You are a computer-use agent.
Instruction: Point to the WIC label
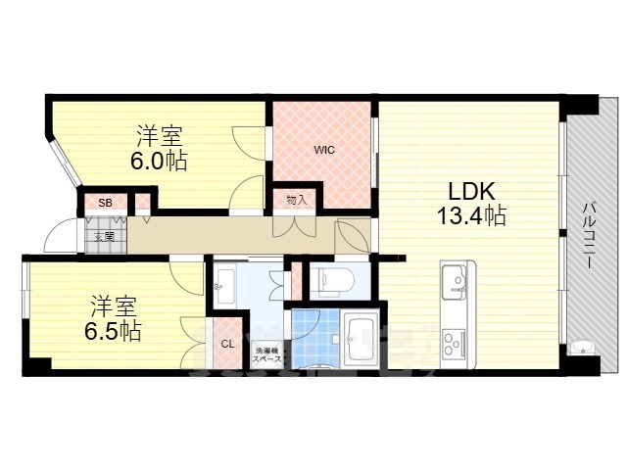323,151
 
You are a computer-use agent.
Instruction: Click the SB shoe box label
105,203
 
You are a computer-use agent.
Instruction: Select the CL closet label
227,344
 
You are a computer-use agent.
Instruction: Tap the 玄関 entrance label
104,236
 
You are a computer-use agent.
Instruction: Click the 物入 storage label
296,199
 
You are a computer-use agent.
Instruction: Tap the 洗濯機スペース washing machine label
266,353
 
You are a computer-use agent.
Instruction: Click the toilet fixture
331,281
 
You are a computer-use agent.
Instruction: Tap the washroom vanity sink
222,284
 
